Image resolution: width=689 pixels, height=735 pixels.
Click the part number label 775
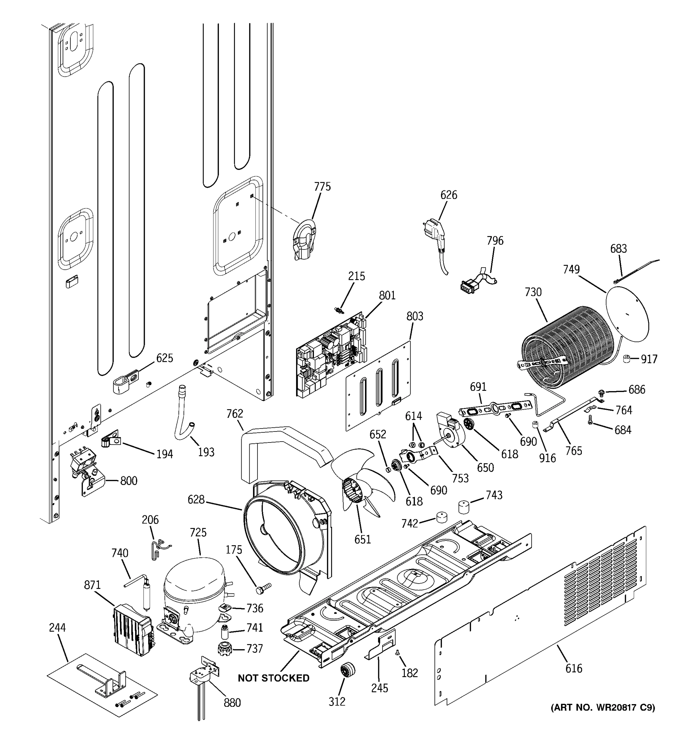coord(322,187)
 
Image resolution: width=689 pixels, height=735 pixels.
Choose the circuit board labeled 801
coord(331,355)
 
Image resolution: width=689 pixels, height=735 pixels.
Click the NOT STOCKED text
coord(273,678)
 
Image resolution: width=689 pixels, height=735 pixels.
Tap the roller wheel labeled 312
coord(347,670)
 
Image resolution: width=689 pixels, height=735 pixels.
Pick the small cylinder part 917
coord(627,359)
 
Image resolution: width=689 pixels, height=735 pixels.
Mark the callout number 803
coord(415,316)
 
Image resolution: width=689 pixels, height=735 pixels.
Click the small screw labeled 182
coord(398,653)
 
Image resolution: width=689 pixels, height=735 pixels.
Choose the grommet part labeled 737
coord(224,649)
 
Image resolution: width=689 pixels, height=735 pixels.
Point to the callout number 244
coord(57,628)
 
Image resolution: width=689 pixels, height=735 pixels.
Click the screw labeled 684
coord(590,420)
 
